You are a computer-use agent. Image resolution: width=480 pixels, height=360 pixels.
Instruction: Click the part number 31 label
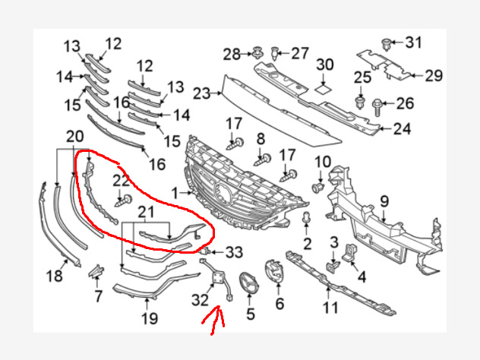414,43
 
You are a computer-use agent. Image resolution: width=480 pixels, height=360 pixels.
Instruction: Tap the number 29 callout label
434,75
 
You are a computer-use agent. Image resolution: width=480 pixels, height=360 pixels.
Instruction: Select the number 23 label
202,93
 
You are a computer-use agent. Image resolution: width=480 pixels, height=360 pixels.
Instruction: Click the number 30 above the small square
325,65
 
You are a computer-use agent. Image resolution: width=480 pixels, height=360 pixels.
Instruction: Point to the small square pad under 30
324,90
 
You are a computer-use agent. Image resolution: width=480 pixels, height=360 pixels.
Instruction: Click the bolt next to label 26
377,107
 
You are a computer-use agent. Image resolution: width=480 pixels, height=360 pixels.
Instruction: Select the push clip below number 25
361,103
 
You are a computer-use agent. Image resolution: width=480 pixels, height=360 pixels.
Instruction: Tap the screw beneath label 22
124,201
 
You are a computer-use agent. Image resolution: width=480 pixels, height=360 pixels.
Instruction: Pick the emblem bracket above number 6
275,271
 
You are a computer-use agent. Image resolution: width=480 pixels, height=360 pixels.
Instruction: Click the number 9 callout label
384,201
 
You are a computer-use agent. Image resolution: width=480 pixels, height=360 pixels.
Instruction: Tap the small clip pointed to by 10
318,187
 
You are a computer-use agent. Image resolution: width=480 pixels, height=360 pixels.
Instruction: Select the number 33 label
234,252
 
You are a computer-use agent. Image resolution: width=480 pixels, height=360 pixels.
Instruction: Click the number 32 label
200,300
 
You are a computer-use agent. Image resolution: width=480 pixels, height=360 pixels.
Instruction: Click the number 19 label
150,319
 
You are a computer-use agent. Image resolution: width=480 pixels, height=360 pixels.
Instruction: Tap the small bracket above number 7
96,271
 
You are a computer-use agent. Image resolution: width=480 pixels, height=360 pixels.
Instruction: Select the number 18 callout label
55,276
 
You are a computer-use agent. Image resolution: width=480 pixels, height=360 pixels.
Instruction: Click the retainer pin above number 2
306,218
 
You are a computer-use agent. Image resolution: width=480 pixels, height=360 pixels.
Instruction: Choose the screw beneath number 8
263,159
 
